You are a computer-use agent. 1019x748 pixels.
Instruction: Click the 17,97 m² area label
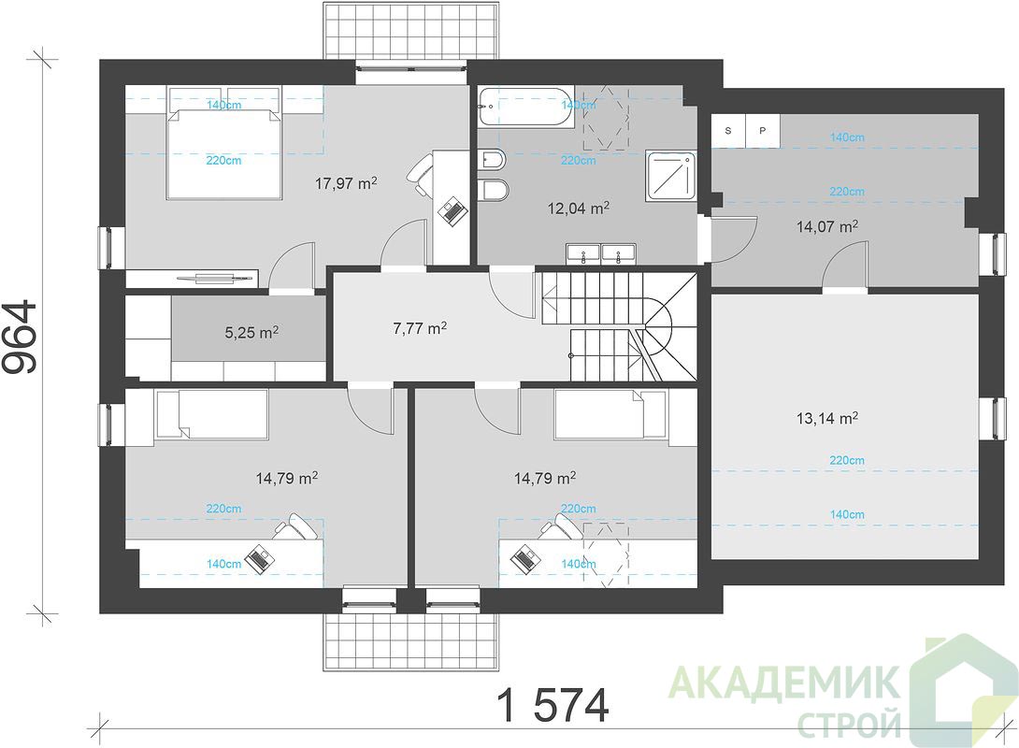[x=346, y=183]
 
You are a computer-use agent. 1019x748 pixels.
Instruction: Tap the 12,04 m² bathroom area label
[x=579, y=208]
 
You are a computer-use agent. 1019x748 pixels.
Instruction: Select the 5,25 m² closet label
[x=251, y=333]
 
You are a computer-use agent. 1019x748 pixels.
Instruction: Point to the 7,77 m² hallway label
[x=420, y=328]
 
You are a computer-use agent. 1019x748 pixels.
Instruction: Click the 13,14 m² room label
[x=827, y=418]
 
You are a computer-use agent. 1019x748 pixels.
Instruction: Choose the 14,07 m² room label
[x=827, y=227]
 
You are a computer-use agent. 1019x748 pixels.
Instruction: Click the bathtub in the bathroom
[x=525, y=107]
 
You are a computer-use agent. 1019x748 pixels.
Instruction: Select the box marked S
[x=728, y=131]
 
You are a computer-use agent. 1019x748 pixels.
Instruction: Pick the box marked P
[x=762, y=131]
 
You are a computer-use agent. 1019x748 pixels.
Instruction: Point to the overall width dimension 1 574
[x=553, y=706]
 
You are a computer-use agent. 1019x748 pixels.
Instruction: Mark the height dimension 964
[x=21, y=336]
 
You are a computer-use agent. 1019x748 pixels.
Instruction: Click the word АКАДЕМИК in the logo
[x=784, y=683]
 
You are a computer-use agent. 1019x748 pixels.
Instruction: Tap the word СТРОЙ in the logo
[x=850, y=724]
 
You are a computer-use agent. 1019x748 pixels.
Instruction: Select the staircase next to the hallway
[x=619, y=326]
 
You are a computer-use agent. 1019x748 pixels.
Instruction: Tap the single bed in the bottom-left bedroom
[x=211, y=413]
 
